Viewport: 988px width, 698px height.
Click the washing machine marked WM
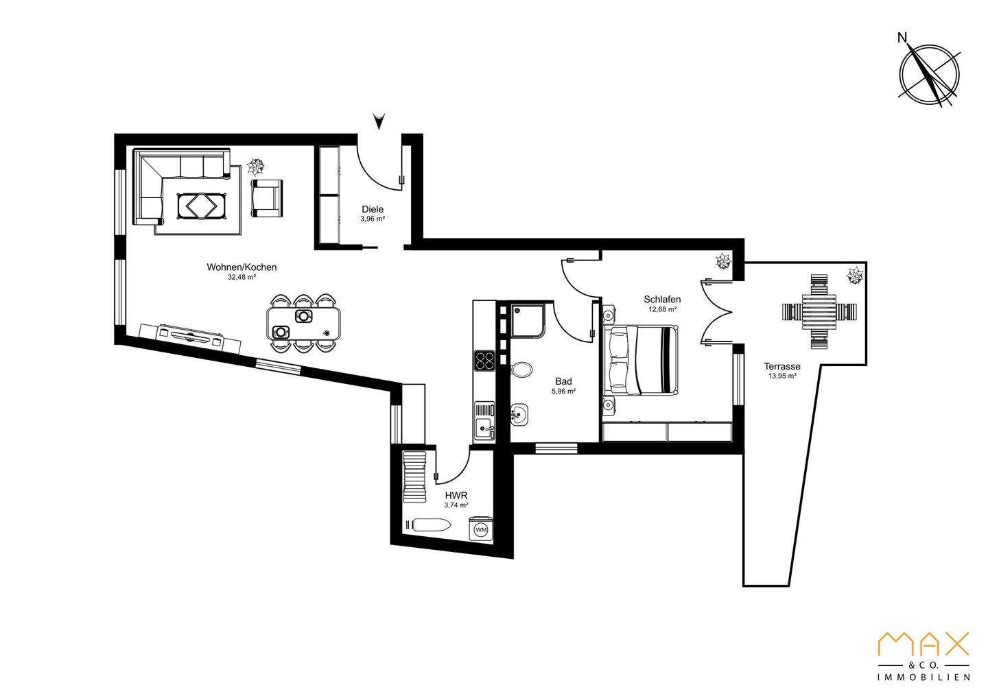[481, 529]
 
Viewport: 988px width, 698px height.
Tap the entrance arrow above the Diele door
[379, 122]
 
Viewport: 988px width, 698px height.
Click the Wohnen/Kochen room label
[242, 267]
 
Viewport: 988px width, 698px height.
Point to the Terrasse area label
[782, 366]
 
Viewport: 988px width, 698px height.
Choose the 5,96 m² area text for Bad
[563, 392]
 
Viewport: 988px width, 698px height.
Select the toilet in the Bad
[522, 370]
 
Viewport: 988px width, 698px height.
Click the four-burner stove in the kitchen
[485, 360]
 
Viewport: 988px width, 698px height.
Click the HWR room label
[456, 495]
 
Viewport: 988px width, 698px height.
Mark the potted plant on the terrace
[855, 276]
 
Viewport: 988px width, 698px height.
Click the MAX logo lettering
[924, 645]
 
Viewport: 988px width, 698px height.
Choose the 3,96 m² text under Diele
[373, 219]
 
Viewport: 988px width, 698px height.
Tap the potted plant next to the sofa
[255, 165]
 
